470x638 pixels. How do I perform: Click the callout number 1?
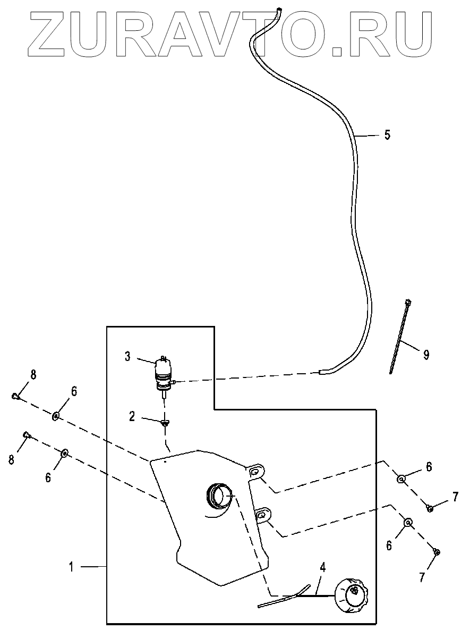click(x=71, y=567)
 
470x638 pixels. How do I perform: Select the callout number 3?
click(x=127, y=356)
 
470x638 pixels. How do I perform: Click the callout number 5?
click(x=387, y=135)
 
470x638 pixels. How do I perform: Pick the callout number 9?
click(x=426, y=354)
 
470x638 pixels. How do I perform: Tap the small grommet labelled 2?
click(x=166, y=423)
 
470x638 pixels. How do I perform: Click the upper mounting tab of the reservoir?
click(x=256, y=472)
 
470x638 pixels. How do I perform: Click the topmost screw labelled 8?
click(x=16, y=396)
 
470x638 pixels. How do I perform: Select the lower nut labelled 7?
click(x=435, y=553)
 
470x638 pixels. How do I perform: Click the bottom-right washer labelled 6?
click(x=408, y=523)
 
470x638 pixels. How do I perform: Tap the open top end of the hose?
click(x=278, y=9)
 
